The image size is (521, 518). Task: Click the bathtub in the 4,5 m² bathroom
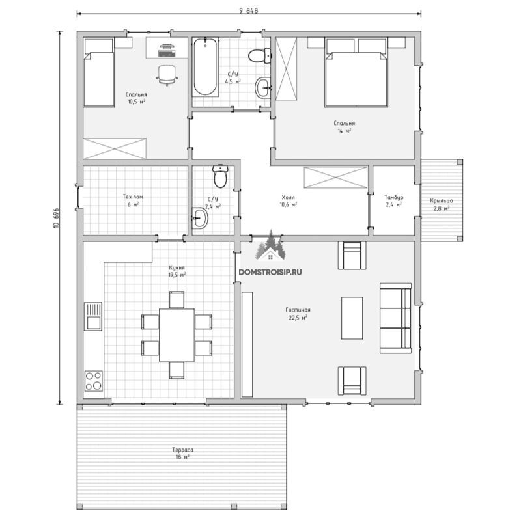(x=205, y=67)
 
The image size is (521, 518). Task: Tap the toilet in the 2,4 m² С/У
(x=220, y=176)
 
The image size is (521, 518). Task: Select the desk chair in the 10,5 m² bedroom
(x=167, y=75)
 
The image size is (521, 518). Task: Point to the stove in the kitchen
(x=93, y=381)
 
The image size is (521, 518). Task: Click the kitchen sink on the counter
(x=93, y=316)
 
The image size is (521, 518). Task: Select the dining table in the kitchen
(x=176, y=334)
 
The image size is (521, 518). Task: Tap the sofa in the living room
(x=396, y=318)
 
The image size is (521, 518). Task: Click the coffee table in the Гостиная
(x=352, y=318)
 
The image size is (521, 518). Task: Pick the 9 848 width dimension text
(x=249, y=10)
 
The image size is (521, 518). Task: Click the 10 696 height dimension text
(x=56, y=218)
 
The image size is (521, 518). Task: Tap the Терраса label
(x=183, y=450)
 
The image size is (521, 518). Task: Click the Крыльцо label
(x=442, y=200)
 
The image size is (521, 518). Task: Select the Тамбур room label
(x=394, y=197)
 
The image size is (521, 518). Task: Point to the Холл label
(x=288, y=197)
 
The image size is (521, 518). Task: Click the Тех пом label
(x=133, y=197)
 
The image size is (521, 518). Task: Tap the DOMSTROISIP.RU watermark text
(x=270, y=272)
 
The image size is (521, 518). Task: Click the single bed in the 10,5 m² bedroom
(x=99, y=72)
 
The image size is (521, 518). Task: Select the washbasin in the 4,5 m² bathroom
(x=263, y=87)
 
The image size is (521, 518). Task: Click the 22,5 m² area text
(x=298, y=317)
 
